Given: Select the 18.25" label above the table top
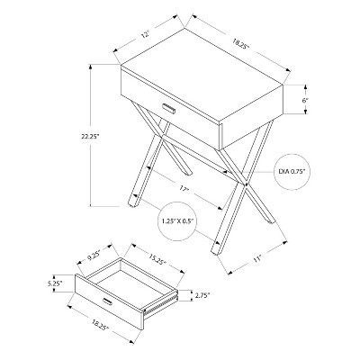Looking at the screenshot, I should click(x=240, y=40).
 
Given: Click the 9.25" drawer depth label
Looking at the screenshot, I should click(x=93, y=254).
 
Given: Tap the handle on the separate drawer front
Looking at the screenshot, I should click(x=108, y=300).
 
